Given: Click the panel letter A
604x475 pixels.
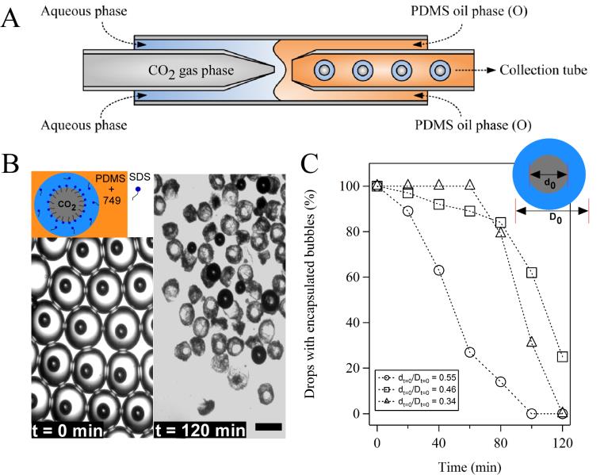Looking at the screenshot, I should click(x=12, y=19).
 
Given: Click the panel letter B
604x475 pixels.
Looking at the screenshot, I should click(x=11, y=164).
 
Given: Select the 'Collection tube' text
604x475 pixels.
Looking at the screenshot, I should click(x=543, y=71).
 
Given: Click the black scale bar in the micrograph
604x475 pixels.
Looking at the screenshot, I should click(x=270, y=428).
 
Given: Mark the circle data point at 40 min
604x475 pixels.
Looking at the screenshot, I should click(x=438, y=270).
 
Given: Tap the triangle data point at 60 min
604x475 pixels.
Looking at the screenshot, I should click(x=470, y=186).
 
